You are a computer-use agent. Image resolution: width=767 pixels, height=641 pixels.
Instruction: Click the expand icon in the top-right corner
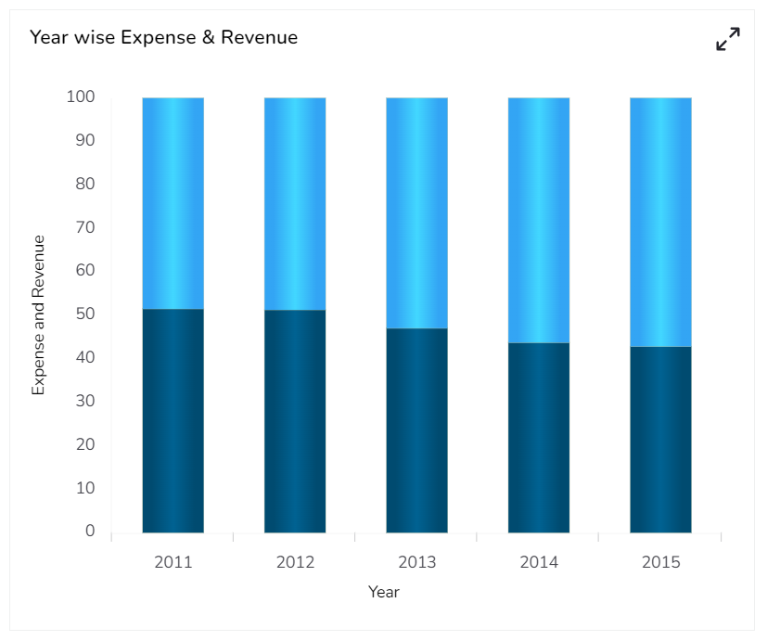click(728, 39)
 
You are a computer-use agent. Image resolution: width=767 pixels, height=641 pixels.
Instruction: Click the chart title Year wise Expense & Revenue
click(163, 38)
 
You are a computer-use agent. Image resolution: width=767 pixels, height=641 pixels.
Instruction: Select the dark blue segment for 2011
click(173, 420)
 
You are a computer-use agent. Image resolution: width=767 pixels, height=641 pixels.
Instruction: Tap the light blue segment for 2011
click(173, 203)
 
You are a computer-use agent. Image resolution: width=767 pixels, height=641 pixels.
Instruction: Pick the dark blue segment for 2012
click(295, 421)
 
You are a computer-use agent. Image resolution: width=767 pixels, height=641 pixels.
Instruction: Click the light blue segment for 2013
click(416, 213)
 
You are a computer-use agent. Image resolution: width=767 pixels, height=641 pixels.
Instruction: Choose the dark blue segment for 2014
click(539, 438)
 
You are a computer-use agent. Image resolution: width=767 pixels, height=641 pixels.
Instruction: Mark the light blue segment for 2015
click(660, 223)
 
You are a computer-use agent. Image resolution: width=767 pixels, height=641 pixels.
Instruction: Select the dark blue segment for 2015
click(660, 440)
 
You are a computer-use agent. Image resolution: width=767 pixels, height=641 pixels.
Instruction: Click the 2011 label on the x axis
click(173, 562)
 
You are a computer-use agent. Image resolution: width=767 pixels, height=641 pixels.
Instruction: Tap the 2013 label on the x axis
click(416, 562)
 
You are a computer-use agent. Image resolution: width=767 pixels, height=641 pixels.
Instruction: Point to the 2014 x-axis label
click(539, 562)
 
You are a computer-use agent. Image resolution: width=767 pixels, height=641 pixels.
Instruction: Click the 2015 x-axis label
click(660, 562)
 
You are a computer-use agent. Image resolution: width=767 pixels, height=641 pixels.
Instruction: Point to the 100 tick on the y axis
click(81, 96)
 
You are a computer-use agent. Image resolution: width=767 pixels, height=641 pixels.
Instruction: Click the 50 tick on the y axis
click(84, 314)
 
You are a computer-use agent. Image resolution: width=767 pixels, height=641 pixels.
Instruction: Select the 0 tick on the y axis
click(90, 531)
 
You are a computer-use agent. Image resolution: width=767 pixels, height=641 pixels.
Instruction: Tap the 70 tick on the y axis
click(84, 227)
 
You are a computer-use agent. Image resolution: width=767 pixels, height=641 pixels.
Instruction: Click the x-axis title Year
click(384, 592)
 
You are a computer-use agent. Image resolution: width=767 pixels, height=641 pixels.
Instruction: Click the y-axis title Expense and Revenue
click(39, 315)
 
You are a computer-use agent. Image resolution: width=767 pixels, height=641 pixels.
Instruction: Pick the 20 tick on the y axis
click(84, 444)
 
